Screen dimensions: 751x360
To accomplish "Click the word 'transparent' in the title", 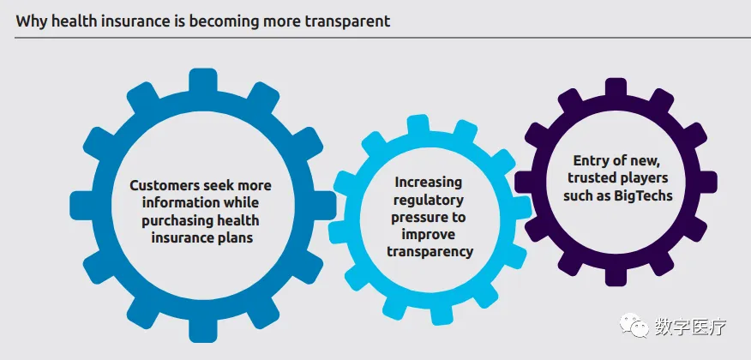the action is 350,21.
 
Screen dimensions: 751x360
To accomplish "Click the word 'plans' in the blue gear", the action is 231,238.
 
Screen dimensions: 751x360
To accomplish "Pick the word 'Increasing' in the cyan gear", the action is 429,183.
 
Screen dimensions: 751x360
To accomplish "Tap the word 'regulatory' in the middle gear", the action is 429,200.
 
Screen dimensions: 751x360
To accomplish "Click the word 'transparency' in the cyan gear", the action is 429,252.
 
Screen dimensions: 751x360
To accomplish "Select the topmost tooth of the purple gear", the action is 616,87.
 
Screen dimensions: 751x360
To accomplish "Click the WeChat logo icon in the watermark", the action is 638,328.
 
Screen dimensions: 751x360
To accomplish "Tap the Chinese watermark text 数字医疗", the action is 690,328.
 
